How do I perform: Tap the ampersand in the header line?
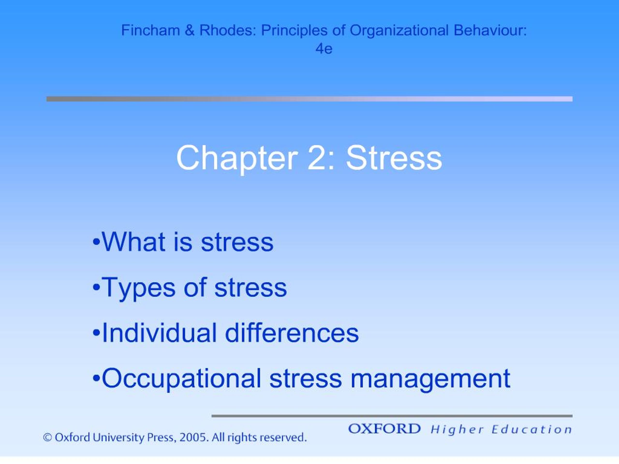(x=190, y=30)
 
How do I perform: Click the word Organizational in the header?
(x=399, y=30)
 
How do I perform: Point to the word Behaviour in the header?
(x=490, y=30)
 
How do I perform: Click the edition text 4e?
(x=324, y=49)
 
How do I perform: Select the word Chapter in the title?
(x=237, y=158)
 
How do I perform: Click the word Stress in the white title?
(x=394, y=158)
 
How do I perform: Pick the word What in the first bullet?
(x=133, y=242)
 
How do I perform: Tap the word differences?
(x=292, y=333)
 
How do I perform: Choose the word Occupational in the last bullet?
(x=181, y=379)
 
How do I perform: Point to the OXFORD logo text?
(x=384, y=429)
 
